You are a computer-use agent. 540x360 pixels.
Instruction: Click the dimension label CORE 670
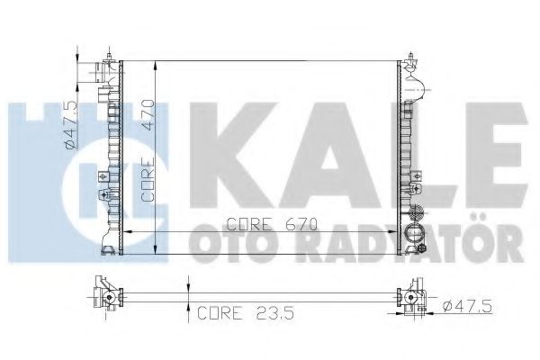(x=272, y=225)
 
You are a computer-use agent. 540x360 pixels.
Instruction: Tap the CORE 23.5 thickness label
(x=246, y=313)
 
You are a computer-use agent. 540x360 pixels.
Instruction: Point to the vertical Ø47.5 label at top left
(x=70, y=125)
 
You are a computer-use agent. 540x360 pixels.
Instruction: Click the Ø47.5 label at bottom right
(x=468, y=306)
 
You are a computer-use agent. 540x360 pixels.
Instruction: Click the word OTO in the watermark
(x=237, y=245)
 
